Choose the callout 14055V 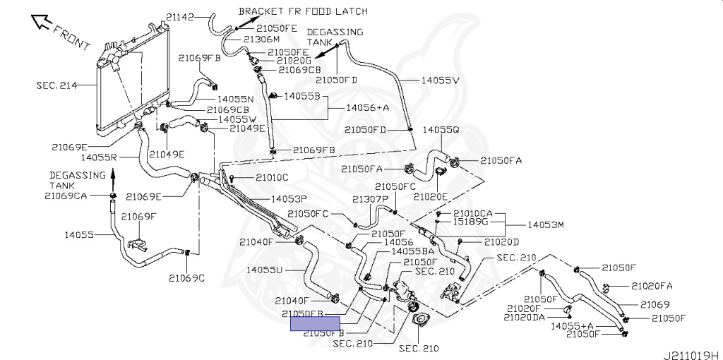point(440,81)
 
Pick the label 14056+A point(367,108)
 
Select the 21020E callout point(431,197)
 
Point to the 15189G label point(470,222)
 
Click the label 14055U point(265,270)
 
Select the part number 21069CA point(66,196)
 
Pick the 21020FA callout point(652,286)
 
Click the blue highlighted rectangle point(315,323)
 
